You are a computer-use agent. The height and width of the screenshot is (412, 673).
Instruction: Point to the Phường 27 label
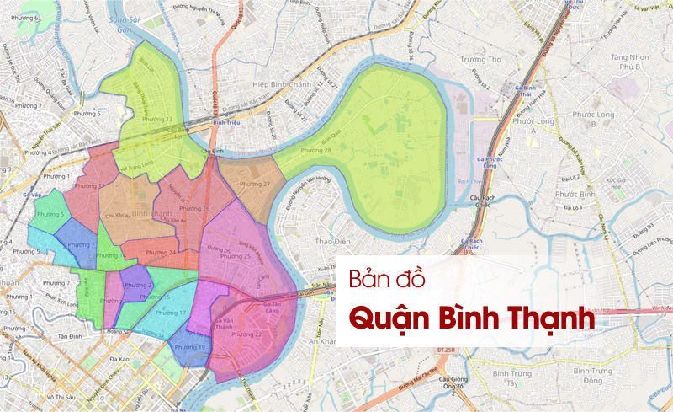pyautogui.click(x=255, y=184)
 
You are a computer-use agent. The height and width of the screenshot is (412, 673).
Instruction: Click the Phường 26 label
pyautogui.click(x=195, y=208)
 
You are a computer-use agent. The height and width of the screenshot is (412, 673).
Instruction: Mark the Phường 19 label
pyautogui.click(x=190, y=347)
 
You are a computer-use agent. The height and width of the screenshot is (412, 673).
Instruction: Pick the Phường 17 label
pyautogui.click(x=171, y=313)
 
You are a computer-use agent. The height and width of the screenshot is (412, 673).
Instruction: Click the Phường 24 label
pyautogui.click(x=160, y=252)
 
